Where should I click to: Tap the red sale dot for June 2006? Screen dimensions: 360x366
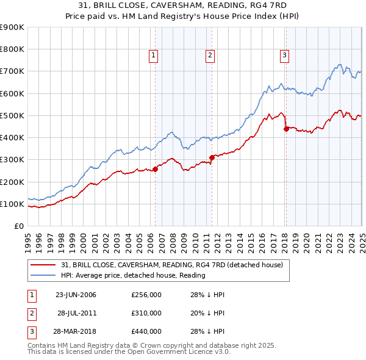click(x=155, y=170)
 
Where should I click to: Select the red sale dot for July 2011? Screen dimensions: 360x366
click(x=212, y=157)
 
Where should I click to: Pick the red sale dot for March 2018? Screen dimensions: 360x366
click(x=285, y=129)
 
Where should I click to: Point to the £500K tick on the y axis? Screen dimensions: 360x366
click(x=12, y=115)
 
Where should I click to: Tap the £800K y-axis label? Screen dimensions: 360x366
click(x=12, y=49)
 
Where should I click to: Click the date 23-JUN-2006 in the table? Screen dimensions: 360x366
click(x=76, y=295)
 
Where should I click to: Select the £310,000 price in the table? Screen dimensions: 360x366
click(x=146, y=313)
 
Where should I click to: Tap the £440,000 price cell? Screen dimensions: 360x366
click(x=146, y=332)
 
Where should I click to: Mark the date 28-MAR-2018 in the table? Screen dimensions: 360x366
click(x=76, y=332)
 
